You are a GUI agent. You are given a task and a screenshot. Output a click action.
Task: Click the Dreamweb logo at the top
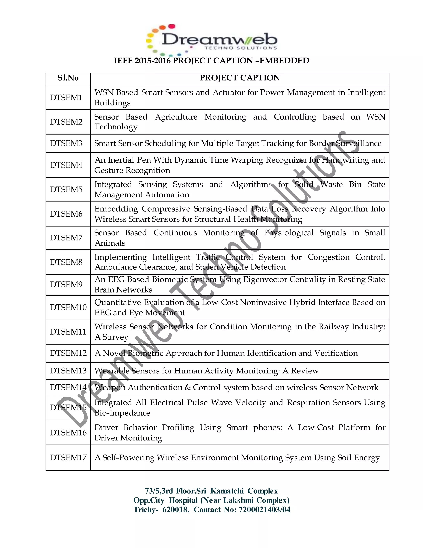click(212, 40)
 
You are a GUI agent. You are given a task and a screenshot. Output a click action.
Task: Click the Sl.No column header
click(68, 78)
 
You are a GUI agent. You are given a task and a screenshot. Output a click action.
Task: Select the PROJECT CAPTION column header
click(240, 78)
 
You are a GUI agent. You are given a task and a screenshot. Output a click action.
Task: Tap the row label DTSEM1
click(66, 98)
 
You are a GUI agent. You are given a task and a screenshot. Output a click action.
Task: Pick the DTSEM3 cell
click(66, 143)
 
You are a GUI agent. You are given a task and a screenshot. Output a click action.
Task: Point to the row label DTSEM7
click(66, 238)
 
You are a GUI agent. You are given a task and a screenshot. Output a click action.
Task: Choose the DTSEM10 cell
click(68, 307)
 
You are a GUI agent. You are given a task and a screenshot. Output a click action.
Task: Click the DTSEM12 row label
click(68, 353)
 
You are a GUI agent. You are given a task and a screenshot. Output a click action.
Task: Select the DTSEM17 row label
click(68, 457)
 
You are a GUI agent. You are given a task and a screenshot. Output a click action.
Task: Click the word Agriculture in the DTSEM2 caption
click(176, 117)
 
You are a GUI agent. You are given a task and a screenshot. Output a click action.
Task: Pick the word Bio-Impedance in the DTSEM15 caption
click(122, 413)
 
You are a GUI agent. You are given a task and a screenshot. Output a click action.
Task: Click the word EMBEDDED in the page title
click(284, 61)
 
